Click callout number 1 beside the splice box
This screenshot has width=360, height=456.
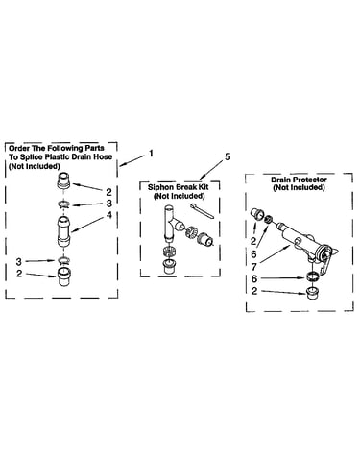tap(151, 154)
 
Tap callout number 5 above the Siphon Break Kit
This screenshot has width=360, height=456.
tap(228, 157)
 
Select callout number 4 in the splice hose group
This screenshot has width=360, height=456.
tap(109, 215)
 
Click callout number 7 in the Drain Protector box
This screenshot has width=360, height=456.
tap(254, 267)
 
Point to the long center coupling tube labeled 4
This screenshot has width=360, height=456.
tap(64, 231)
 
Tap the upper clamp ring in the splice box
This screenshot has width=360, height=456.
tap(64, 204)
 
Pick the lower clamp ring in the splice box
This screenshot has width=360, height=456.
tap(64, 259)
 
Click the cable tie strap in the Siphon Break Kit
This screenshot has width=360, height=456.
tap(203, 211)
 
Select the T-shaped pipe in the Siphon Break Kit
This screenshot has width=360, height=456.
tap(172, 225)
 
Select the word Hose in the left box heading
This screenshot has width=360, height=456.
tap(103, 156)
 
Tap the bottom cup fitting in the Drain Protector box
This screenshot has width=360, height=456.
tap(311, 294)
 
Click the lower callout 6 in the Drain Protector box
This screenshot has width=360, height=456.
tap(254, 279)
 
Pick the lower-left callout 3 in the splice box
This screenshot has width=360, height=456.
tap(19, 261)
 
